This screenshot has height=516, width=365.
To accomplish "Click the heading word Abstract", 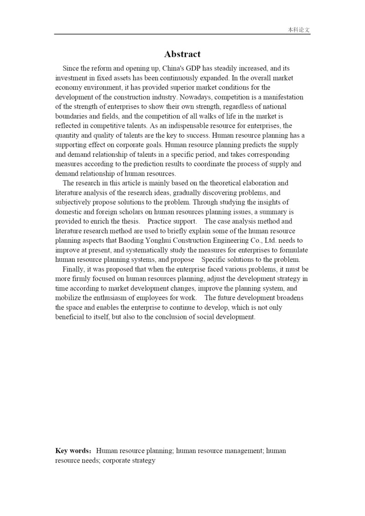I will [182, 54].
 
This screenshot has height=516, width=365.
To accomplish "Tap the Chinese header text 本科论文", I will [299, 30].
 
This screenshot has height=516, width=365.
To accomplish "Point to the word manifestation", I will [283, 97].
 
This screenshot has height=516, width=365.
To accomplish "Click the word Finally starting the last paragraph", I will [73, 269].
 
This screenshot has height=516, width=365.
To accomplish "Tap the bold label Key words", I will [73, 451].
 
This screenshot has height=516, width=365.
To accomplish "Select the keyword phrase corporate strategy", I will [129, 460].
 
